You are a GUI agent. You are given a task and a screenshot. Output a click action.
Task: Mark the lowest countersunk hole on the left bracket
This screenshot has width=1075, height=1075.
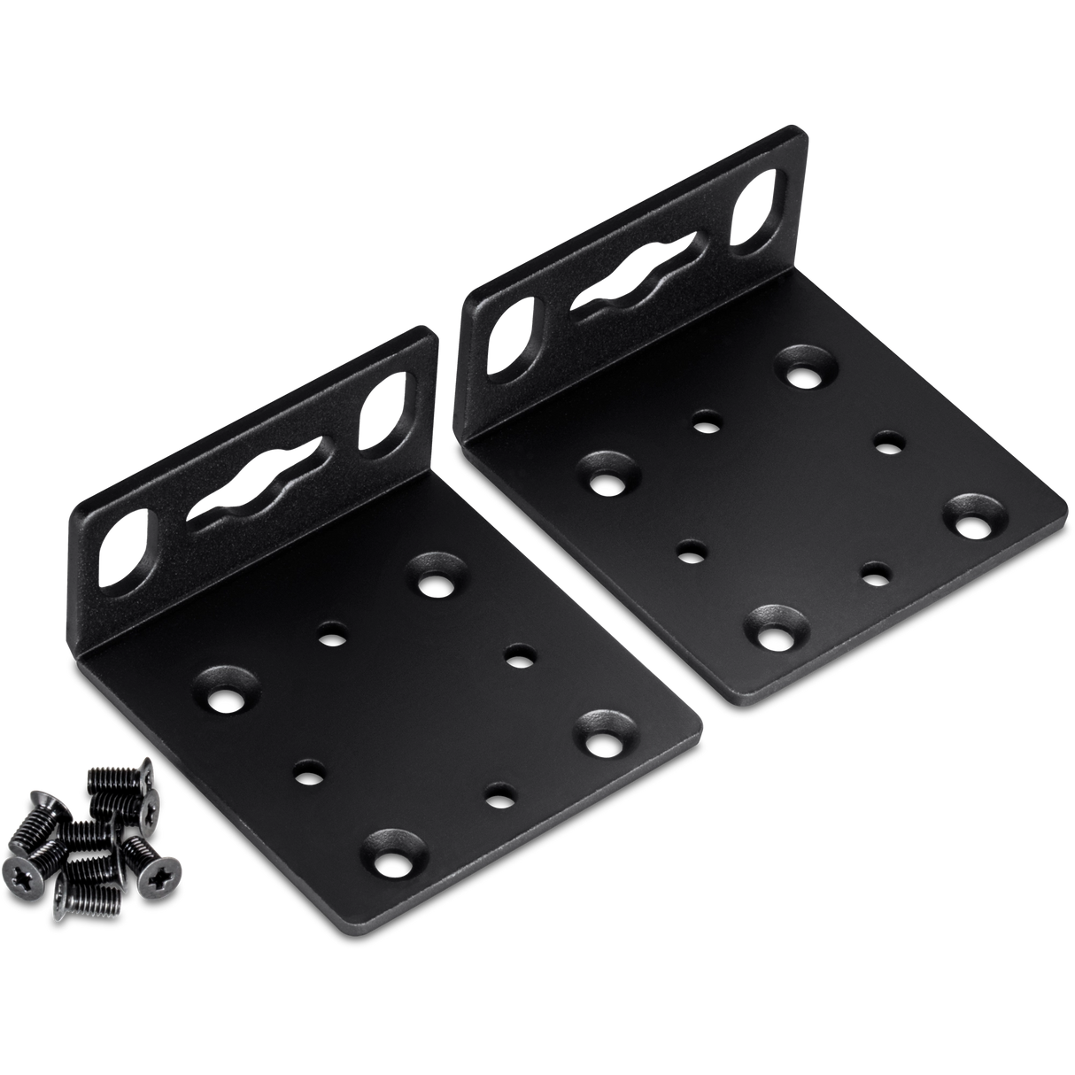tap(391, 857)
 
